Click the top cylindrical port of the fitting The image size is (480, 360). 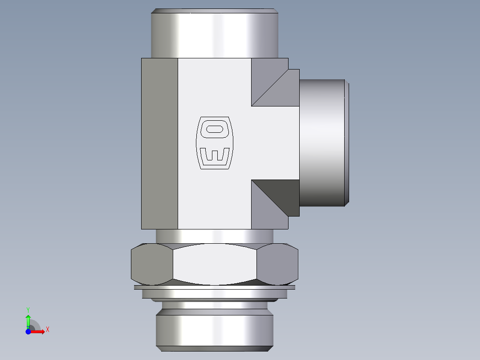click(215, 34)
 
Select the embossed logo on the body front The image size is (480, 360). click(214, 143)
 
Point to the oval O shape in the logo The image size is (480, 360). click(214, 129)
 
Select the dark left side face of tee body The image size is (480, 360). click(159, 143)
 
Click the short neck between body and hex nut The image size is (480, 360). click(214, 236)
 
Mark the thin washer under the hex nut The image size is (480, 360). click(214, 287)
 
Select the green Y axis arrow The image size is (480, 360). click(28, 320)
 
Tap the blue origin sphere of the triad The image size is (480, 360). click(28, 331)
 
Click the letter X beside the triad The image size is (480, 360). click(48, 330)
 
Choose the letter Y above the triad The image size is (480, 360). click(28, 309)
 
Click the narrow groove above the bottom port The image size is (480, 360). click(214, 305)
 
